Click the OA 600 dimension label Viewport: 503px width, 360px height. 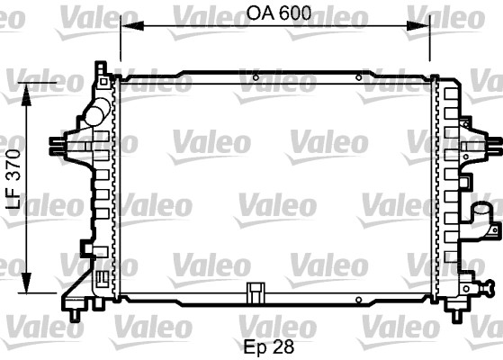(x=276, y=13)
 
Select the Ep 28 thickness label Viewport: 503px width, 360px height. (x=269, y=344)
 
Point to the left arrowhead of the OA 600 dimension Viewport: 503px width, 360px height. (x=127, y=28)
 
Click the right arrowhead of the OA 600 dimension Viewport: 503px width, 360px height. (x=427, y=28)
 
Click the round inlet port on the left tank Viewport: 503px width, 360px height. (x=95, y=113)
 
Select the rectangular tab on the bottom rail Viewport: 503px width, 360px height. (x=256, y=291)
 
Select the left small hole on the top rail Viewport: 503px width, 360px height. (x=256, y=78)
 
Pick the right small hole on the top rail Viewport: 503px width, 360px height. (x=361, y=78)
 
